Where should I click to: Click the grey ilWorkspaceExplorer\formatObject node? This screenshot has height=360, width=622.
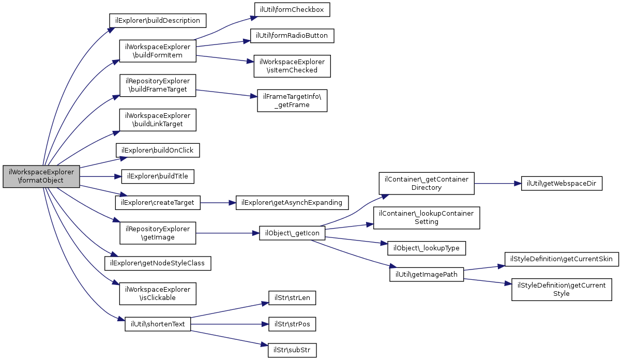(41, 176)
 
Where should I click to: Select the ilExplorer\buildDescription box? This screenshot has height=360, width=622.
(158, 21)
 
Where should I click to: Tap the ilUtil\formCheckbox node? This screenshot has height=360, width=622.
(292, 10)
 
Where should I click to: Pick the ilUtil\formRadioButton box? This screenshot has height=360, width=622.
(292, 36)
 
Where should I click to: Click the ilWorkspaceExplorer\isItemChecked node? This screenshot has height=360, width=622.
(292, 66)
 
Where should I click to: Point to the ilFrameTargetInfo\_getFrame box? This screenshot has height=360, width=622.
(292, 100)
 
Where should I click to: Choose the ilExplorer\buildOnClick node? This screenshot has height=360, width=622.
(158, 151)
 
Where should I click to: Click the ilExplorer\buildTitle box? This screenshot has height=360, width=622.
(158, 176)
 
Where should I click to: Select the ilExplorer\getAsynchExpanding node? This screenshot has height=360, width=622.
(292, 203)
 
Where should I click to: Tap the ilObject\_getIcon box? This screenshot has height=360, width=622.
(292, 233)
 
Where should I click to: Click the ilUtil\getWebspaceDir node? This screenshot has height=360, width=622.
(562, 183)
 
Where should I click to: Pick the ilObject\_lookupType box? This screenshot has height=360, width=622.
(426, 248)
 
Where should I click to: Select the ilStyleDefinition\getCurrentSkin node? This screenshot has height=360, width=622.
(562, 259)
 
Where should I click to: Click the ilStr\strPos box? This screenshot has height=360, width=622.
(292, 324)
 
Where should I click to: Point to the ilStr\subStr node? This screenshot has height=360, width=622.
(292, 350)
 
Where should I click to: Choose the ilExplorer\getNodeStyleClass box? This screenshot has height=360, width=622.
(158, 263)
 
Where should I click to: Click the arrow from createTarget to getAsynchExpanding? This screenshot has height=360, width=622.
(218, 203)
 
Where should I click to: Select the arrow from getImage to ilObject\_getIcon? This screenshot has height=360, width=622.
(227, 233)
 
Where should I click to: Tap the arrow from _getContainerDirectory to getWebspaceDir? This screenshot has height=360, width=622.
(498, 183)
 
